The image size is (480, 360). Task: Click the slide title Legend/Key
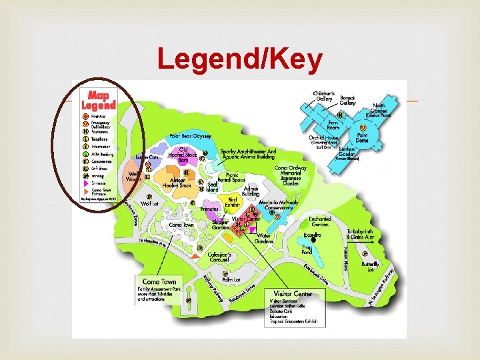[240, 61]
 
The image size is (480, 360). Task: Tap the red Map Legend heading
[99, 99]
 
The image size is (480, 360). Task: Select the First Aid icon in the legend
[85, 117]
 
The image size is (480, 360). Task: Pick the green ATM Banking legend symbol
[85, 154]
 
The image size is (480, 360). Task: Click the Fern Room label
[334, 124]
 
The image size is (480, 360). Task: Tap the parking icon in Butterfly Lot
[365, 254]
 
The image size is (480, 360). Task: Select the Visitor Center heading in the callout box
[293, 293]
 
